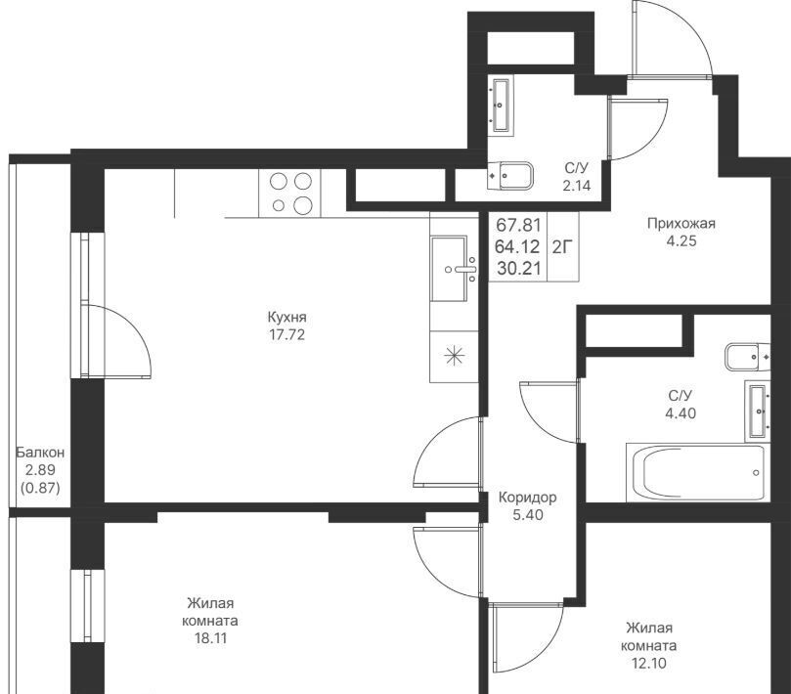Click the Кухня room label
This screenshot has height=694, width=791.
(x=286, y=318)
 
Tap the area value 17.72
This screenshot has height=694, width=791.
(x=287, y=335)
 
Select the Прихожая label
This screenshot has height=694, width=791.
(x=681, y=224)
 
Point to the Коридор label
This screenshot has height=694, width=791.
(x=528, y=498)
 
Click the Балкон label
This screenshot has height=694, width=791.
(x=40, y=452)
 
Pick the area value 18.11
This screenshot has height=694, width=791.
(x=211, y=638)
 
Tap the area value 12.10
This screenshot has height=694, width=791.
(x=649, y=664)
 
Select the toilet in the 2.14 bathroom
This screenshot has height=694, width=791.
(x=510, y=176)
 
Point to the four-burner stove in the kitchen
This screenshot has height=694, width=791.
(x=289, y=194)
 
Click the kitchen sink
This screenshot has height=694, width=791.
(x=454, y=269)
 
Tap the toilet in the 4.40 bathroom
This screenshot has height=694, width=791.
(x=748, y=357)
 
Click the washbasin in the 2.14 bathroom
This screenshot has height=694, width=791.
(x=501, y=106)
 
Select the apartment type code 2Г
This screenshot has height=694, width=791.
(x=562, y=247)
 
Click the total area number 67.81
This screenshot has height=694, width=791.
(x=518, y=224)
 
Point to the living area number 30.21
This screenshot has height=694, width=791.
(x=518, y=269)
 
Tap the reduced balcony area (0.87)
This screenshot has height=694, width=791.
(x=40, y=488)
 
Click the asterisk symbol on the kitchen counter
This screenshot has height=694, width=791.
(x=454, y=356)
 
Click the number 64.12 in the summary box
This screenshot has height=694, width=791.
(x=517, y=246)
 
